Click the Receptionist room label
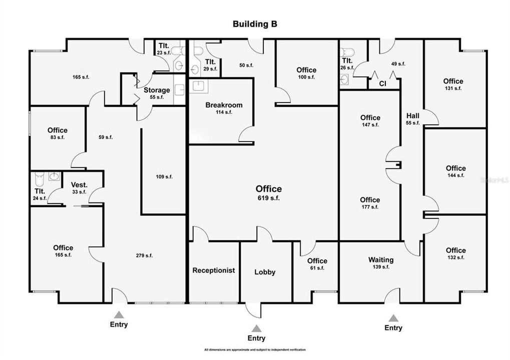pyautogui.click(x=214, y=270)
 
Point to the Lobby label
pyautogui.click(x=265, y=272)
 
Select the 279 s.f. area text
pyautogui.click(x=144, y=255)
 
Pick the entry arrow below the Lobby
pyautogui.click(x=257, y=328)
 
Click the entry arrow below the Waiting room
pyautogui.click(x=393, y=318)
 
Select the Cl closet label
pyautogui.click(x=382, y=83)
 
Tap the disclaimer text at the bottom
pyautogui.click(x=255, y=349)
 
